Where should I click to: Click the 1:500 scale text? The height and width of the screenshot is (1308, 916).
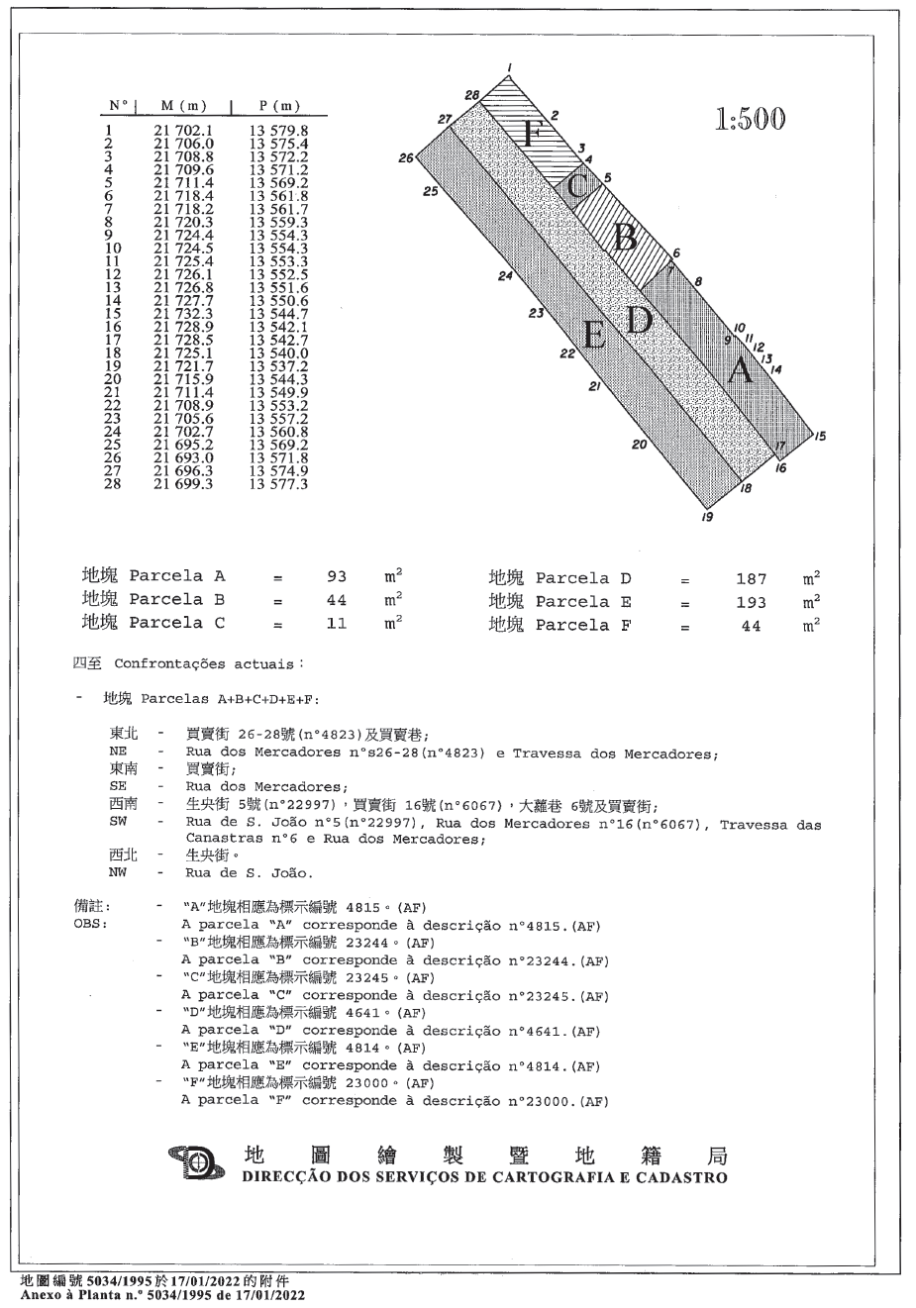[x=750, y=119]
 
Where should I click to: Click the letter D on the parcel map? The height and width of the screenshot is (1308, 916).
[x=640, y=319]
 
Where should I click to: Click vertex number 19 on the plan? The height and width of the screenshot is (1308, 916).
[x=706, y=517]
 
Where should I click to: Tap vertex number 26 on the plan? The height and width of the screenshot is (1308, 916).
[x=404, y=157]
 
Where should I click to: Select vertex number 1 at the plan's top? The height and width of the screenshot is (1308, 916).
[x=508, y=67]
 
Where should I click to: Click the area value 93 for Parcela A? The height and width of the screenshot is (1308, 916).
[x=337, y=576]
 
